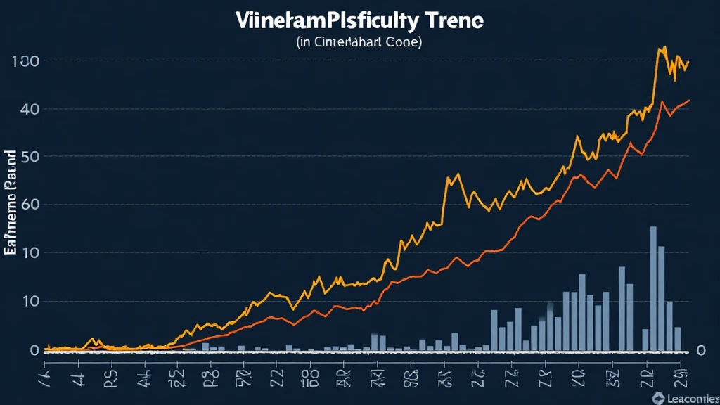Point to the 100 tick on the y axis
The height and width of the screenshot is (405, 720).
click(25, 61)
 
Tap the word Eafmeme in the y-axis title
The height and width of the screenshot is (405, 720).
click(10, 225)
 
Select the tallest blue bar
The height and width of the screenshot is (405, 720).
click(653, 288)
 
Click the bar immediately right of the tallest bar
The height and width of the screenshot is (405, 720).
click(662, 298)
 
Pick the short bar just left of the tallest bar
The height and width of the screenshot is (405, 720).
click(645, 340)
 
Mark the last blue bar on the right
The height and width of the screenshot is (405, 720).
click(678, 339)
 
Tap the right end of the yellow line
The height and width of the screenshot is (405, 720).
click(688, 62)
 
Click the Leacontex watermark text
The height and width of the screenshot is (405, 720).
click(693, 399)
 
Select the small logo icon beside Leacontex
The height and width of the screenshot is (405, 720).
click(658, 399)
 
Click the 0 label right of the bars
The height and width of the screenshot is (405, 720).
click(700, 350)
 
